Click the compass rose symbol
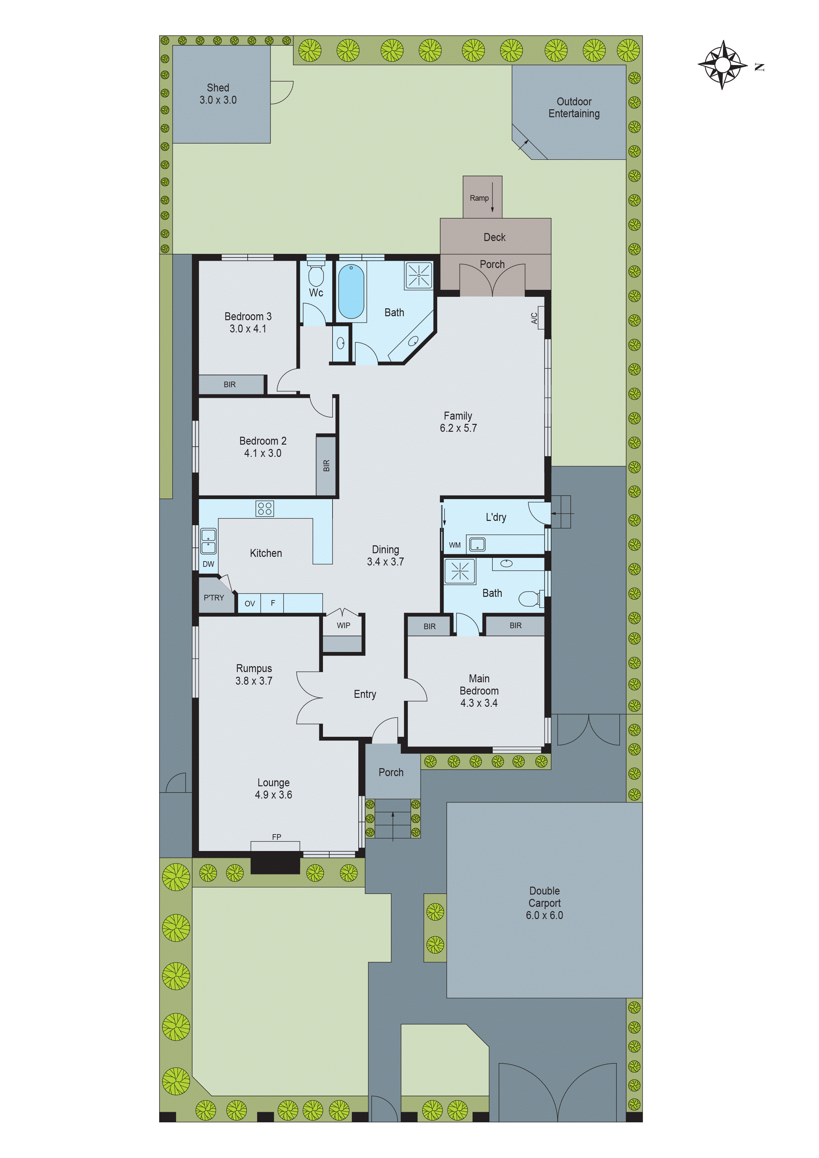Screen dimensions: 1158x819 722,65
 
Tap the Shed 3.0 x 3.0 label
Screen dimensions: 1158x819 218,94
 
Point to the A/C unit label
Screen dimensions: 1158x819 534,318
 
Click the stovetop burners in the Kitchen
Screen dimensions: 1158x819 265,508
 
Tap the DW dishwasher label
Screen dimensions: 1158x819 208,564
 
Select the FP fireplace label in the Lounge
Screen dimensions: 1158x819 276,837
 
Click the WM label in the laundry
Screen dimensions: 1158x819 455,545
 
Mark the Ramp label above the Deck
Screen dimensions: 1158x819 479,198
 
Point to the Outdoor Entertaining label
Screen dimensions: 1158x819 574,107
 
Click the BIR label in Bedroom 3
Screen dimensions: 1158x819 230,384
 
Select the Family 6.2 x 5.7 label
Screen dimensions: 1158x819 458,422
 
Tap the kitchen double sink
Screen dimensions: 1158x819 208,541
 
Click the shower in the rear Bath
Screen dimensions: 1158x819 419,275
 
